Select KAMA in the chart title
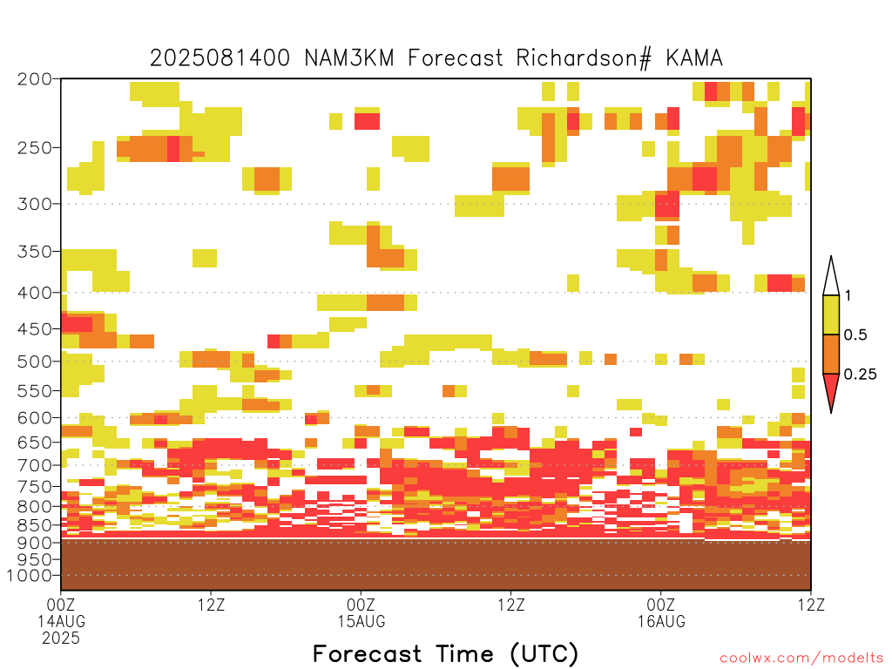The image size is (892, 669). (x=694, y=58)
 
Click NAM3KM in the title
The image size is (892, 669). (x=349, y=58)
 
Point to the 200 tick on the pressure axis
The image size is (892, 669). (x=35, y=79)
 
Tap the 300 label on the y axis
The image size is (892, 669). (x=35, y=204)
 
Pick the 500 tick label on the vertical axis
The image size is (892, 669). (x=35, y=362)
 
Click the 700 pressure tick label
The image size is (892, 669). (x=35, y=465)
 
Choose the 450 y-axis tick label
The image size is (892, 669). (x=35, y=328)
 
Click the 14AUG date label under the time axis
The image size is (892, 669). (x=62, y=621)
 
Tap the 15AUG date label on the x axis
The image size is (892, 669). (x=362, y=621)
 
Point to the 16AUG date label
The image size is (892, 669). (x=661, y=621)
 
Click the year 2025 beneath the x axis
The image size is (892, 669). (x=61, y=639)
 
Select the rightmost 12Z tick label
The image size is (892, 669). (x=811, y=605)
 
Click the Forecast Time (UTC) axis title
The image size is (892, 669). (x=445, y=654)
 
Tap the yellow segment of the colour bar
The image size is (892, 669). (x=831, y=314)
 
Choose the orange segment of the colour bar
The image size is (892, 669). (x=831, y=354)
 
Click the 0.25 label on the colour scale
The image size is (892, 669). (x=860, y=375)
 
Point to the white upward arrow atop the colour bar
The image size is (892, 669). (x=831, y=276)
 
